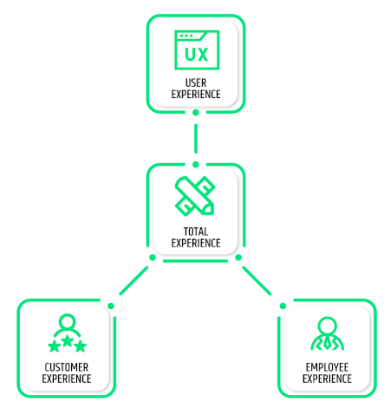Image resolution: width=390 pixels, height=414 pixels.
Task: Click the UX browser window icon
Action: tap(197, 50)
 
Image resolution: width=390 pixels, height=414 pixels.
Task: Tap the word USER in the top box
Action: tap(196, 83)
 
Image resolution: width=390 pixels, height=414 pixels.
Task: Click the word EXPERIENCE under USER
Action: tap(196, 95)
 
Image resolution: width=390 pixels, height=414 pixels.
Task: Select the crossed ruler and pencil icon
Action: tap(195, 196)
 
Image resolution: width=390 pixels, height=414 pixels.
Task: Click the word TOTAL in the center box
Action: tap(196, 232)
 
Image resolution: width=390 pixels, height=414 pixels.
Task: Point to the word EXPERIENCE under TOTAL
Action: tap(196, 243)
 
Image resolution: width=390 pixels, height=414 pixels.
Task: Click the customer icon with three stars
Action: tap(67, 333)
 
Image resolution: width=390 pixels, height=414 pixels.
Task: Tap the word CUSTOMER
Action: tap(67, 367)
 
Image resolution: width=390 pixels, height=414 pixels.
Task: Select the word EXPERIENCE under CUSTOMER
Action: tap(67, 378)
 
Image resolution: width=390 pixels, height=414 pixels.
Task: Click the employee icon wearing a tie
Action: tap(328, 333)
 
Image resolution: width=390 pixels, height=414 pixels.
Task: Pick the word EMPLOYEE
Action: tap(327, 367)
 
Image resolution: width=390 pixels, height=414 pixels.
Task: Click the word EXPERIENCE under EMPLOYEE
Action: tap(327, 378)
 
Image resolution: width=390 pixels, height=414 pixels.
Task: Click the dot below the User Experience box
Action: tap(196, 113)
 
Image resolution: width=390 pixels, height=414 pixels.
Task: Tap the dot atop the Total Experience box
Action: tap(196, 165)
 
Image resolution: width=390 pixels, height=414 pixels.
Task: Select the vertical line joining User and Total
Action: tap(196, 139)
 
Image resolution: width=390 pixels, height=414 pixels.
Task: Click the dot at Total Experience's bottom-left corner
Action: tap(153, 258)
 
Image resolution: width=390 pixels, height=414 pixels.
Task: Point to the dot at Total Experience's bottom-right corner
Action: tap(238, 258)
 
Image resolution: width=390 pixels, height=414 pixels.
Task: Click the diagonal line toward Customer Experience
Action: tap(133, 281)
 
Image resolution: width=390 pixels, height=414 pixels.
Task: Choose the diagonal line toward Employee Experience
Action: tap(257, 281)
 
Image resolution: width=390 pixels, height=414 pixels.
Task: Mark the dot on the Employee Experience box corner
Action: tap(283, 306)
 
